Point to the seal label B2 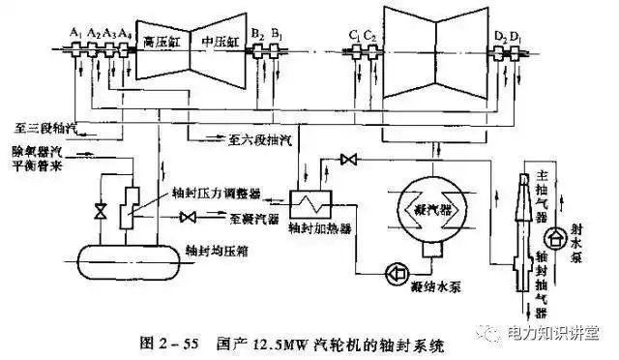[256, 33]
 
